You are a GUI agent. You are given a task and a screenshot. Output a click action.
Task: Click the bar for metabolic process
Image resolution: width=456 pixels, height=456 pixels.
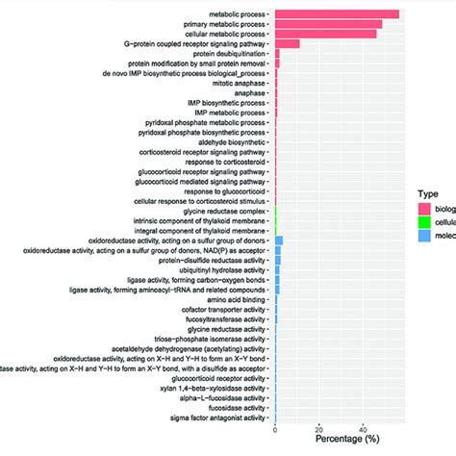337,13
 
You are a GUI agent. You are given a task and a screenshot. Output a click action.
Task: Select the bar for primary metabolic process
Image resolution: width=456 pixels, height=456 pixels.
328,23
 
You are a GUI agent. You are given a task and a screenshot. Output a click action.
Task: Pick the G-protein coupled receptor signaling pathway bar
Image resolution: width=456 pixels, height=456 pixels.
287,43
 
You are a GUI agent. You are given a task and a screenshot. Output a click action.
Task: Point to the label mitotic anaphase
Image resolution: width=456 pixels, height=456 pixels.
237,83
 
